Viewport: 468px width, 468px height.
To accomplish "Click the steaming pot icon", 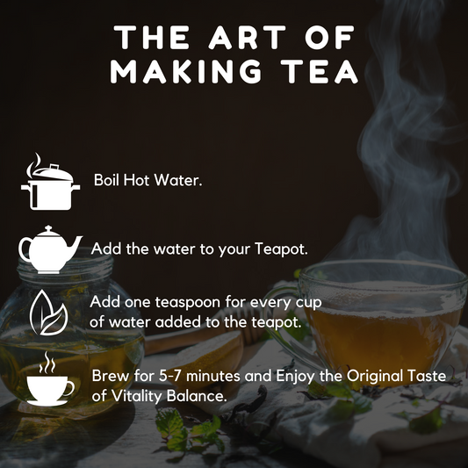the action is [50, 182].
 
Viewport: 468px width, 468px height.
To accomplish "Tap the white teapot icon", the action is [50, 249].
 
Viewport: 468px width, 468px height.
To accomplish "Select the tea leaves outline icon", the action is [48, 313].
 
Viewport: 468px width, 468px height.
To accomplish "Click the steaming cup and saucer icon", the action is [50, 379].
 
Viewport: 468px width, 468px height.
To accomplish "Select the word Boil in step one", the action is [106, 180].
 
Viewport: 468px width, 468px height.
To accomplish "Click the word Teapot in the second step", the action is [281, 249].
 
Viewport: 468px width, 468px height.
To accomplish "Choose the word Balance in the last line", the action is [195, 396].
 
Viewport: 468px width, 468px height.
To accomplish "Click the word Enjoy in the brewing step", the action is [295, 376].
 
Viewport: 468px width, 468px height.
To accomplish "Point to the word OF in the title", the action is [329, 37].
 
